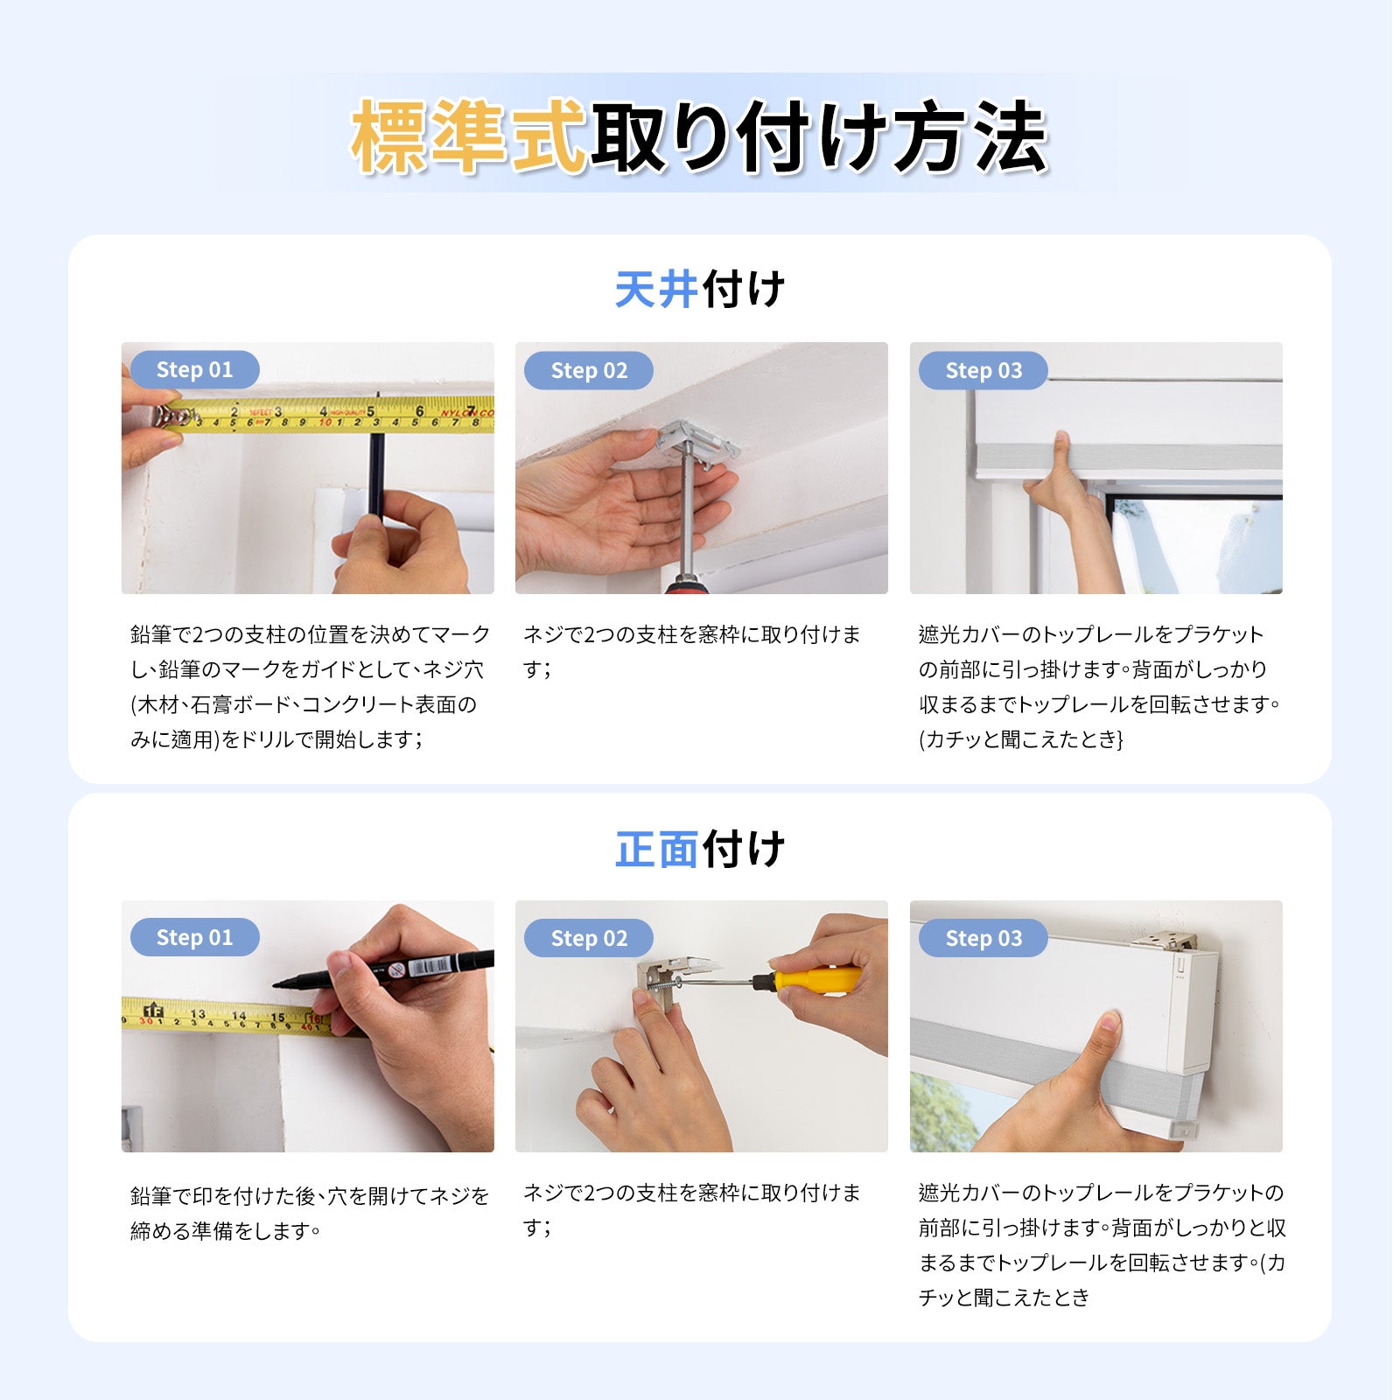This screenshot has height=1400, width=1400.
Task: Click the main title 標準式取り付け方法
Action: [699, 136]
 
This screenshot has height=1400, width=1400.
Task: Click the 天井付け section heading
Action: [699, 290]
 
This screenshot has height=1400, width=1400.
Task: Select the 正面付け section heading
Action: [699, 850]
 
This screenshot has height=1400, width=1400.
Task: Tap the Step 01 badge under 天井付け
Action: [194, 369]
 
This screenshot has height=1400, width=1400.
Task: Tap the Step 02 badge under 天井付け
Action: [589, 370]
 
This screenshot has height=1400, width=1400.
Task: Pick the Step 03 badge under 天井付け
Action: [983, 370]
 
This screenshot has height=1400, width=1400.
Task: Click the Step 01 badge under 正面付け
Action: [194, 937]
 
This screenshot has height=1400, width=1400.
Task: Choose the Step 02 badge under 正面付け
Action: [589, 938]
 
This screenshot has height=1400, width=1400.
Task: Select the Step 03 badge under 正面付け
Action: [983, 938]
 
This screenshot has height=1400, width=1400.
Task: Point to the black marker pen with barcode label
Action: [385, 969]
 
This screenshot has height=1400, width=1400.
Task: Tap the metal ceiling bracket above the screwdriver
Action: [697, 442]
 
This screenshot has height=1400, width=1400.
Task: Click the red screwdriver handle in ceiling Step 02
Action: [684, 584]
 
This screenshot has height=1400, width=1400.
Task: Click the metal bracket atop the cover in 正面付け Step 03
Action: [1164, 941]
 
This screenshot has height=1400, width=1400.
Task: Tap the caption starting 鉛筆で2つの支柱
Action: [310, 687]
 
